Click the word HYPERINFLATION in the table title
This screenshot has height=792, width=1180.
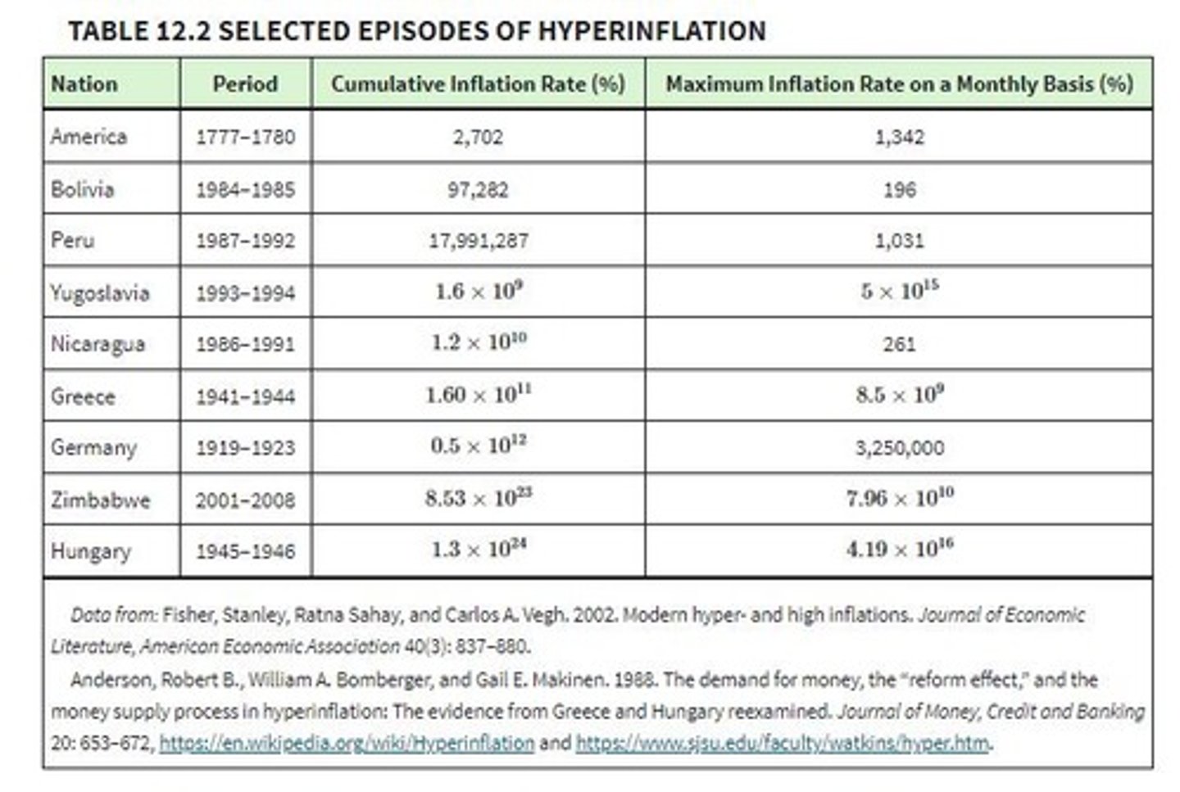click(x=651, y=31)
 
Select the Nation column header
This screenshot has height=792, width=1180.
click(x=84, y=84)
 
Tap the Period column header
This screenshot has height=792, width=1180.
click(x=244, y=84)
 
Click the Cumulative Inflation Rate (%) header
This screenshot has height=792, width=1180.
click(x=478, y=84)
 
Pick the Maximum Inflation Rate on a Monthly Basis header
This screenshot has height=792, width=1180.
click(x=899, y=84)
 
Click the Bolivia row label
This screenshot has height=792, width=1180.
click(x=82, y=189)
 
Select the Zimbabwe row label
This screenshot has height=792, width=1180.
click(x=100, y=500)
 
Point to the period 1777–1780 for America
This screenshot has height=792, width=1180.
click(x=245, y=137)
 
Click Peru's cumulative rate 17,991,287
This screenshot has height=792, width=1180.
click(x=479, y=241)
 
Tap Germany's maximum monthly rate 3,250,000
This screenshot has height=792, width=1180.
click(x=899, y=448)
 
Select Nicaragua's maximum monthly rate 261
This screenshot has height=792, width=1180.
click(x=899, y=344)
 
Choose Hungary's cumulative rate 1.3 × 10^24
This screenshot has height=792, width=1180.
click(x=479, y=550)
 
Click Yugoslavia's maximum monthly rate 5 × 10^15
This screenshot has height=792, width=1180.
click(x=899, y=292)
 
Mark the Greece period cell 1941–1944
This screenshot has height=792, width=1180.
click(x=245, y=396)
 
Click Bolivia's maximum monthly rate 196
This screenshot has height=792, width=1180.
click(x=899, y=190)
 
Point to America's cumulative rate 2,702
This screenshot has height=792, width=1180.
click(x=478, y=137)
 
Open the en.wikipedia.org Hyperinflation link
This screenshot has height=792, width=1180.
click(x=347, y=743)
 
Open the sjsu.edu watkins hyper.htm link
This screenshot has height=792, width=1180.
click(x=783, y=743)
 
